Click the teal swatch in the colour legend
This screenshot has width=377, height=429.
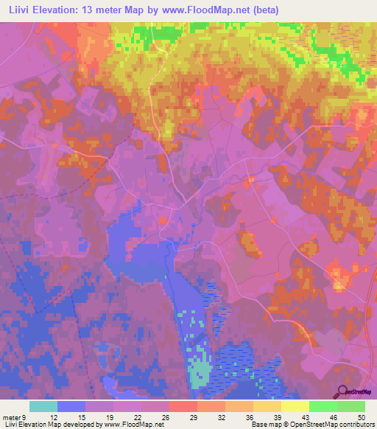point(43,406)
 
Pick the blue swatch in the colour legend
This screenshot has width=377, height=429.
point(71,406)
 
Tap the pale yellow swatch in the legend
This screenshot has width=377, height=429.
point(295,406)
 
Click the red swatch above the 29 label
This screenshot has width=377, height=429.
point(183,406)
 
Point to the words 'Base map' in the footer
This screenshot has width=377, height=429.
point(267,425)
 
